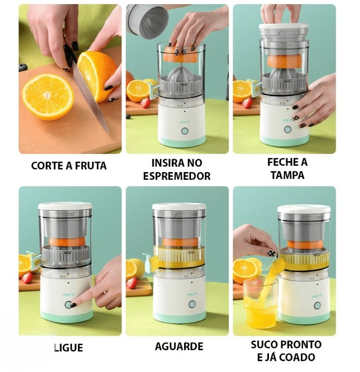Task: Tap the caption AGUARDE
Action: click(x=178, y=346)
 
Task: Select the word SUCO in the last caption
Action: click(x=263, y=344)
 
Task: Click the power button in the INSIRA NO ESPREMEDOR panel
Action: click(x=185, y=131)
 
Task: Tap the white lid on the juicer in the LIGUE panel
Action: click(x=65, y=206)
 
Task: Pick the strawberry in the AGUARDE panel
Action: click(x=132, y=283)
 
